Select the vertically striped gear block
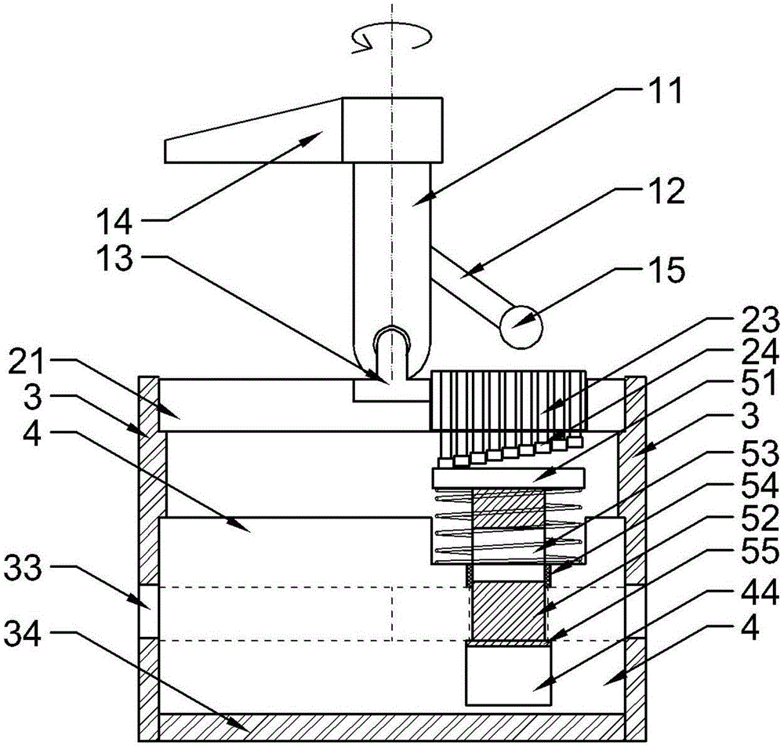coord(508,400)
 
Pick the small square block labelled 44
coord(508,672)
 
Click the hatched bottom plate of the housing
coord(392,725)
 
